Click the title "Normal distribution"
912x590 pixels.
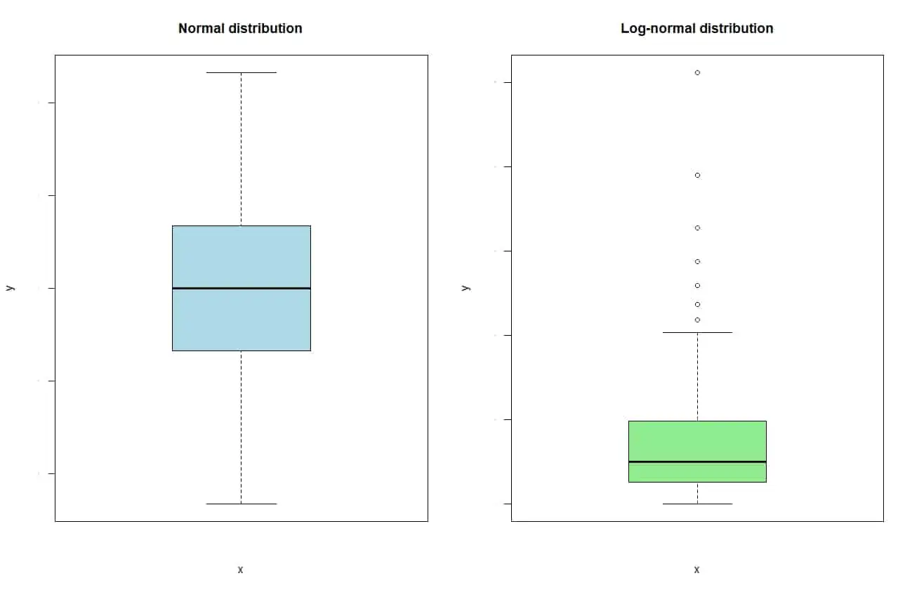click(x=240, y=29)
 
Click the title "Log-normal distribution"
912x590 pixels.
click(x=696, y=29)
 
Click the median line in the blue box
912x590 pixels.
click(x=241, y=288)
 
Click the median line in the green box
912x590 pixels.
click(x=696, y=461)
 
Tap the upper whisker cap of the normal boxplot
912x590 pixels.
click(x=241, y=72)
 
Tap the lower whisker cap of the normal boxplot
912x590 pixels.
click(x=241, y=504)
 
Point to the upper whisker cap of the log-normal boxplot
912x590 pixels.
click(x=696, y=332)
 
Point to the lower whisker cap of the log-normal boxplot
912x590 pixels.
click(x=696, y=504)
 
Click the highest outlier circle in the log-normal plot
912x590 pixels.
click(x=697, y=72)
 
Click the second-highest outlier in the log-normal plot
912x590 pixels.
click(x=697, y=175)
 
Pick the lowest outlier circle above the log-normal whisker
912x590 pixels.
click(x=697, y=320)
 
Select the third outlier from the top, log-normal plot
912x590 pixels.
click(x=697, y=228)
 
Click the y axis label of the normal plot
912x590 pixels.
click(x=9, y=288)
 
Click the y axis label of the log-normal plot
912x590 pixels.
click(x=465, y=288)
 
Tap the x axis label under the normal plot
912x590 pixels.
click(x=240, y=570)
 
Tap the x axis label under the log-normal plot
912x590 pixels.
click(x=696, y=570)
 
